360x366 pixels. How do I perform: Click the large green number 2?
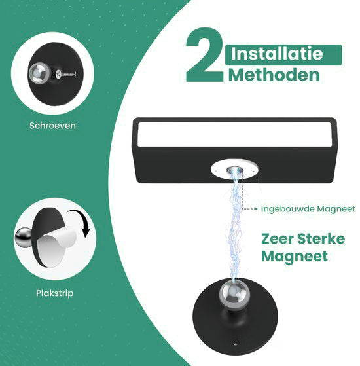pos(204,55)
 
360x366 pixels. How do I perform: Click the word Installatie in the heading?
pos(277,54)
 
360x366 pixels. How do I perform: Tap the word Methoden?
pos(274,75)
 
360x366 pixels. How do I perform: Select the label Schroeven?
pos(52,126)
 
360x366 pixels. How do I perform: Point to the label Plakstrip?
pos(54,293)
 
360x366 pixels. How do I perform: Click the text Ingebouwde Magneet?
pos(308,209)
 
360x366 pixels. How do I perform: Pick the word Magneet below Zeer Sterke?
pos(295,257)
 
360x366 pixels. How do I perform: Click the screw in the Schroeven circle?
pos(66,74)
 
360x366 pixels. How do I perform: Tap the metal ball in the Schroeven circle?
pos(39,73)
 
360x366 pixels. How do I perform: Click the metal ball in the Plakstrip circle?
pos(24,238)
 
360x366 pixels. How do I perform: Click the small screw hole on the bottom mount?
pos(236,342)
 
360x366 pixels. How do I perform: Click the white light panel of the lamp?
pos(234,134)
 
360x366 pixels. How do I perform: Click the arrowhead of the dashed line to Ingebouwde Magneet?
pos(256,209)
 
